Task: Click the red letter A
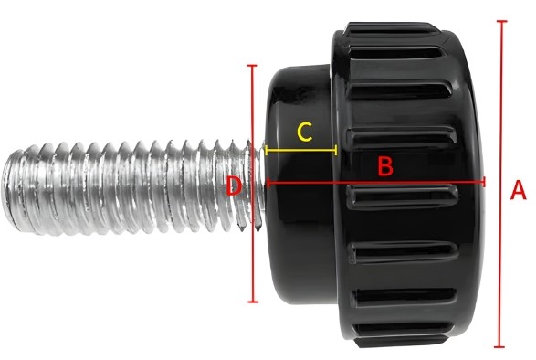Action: point(518,191)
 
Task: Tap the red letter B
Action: point(385,166)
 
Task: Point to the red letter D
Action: point(234,186)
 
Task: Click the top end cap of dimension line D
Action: point(253,66)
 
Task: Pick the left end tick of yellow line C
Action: point(266,148)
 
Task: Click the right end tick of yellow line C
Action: point(338,148)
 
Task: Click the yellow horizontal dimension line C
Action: point(301,148)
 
